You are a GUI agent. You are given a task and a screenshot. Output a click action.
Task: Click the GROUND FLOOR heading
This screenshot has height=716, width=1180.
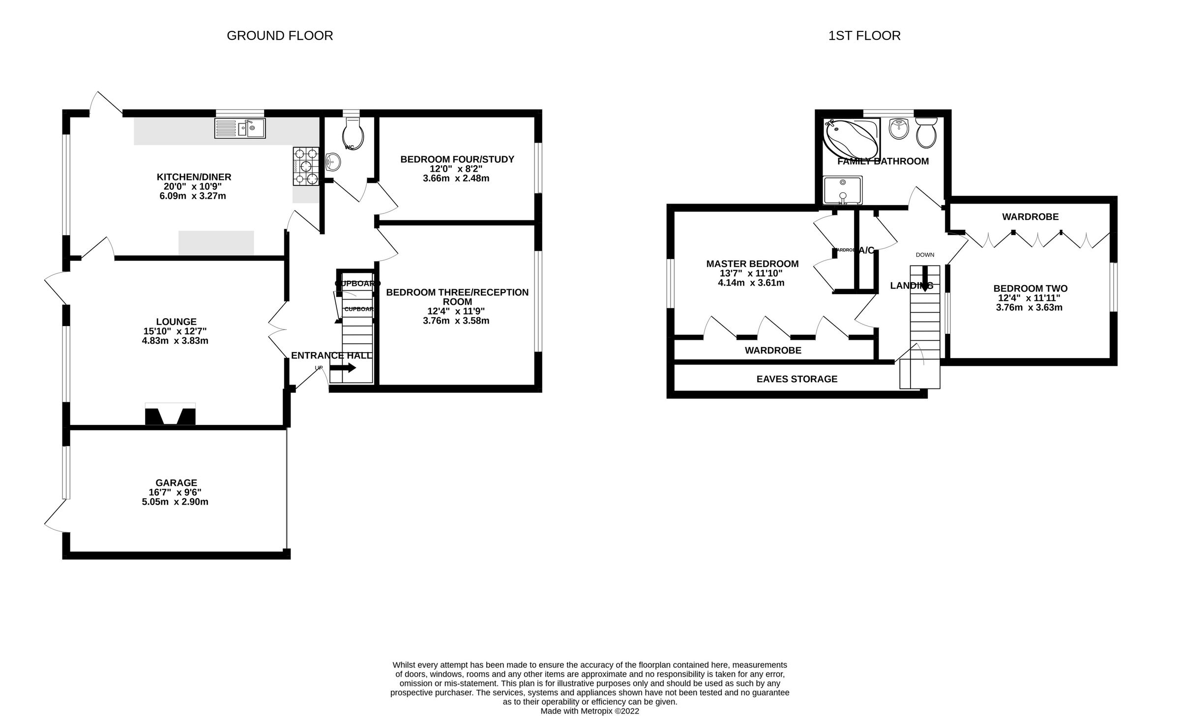click(280, 36)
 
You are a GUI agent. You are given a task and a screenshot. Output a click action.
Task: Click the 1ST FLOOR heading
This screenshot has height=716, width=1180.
click(864, 36)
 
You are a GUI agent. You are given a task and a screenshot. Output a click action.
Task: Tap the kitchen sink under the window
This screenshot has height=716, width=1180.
click(240, 128)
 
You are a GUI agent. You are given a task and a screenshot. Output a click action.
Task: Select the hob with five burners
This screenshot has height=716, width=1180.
click(306, 166)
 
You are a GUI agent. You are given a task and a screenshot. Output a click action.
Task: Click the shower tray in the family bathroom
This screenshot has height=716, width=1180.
click(842, 190)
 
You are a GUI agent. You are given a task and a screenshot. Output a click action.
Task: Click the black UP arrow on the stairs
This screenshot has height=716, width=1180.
click(343, 368)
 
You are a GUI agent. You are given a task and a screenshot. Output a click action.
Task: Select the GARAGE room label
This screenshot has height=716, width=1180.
click(176, 483)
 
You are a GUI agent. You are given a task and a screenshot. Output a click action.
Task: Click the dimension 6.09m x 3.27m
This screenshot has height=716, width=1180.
click(193, 196)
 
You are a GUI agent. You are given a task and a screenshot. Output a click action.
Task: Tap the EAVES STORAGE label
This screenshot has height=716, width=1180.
click(796, 379)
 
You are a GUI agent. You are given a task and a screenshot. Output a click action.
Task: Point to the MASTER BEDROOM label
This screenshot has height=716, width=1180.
click(752, 264)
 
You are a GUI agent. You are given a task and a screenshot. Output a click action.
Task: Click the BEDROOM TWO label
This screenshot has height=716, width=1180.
click(1030, 289)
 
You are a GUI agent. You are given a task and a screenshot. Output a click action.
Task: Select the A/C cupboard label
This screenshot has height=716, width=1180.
click(866, 250)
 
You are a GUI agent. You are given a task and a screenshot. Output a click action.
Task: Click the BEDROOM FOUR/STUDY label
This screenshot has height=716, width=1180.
click(457, 159)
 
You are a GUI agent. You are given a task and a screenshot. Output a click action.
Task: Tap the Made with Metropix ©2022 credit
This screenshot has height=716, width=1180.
click(590, 711)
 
